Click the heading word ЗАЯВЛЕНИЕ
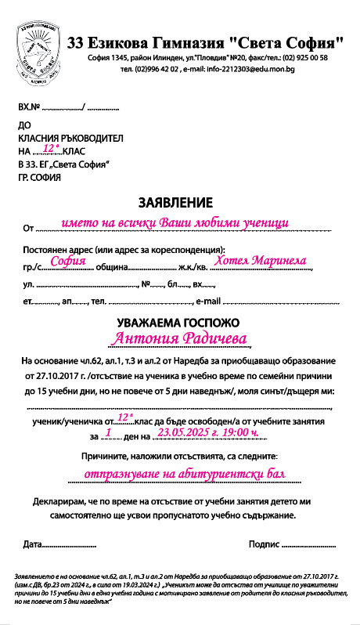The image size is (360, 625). tap(175, 202)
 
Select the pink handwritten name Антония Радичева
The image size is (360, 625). tap(180, 338)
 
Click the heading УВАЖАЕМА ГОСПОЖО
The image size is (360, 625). tap(178, 322)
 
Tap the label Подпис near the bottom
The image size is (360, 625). tap(262, 543)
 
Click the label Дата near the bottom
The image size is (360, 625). tap(33, 543)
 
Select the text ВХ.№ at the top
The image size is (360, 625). tap(28, 107)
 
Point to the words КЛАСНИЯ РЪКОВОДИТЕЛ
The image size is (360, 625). tap(71, 138)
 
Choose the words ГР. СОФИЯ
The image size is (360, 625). tap(39, 177)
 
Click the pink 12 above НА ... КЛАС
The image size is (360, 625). tap(51, 146)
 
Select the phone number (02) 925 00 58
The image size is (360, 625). tap(301, 58)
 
